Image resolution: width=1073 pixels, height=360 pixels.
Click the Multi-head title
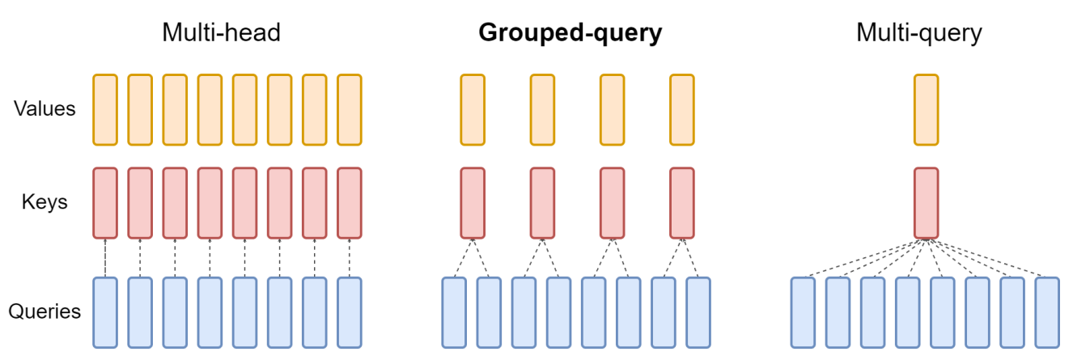click(x=221, y=32)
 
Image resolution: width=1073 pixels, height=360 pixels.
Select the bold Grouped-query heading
click(x=570, y=32)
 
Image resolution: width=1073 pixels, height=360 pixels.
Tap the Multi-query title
click(x=919, y=32)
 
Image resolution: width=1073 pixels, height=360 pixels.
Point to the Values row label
click(x=45, y=108)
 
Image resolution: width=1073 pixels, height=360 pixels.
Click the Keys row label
click(x=45, y=202)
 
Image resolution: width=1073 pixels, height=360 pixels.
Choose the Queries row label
click(x=45, y=311)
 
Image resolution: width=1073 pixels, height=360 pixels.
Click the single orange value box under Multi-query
click(x=927, y=109)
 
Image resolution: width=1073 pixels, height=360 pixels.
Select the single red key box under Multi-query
click(x=927, y=203)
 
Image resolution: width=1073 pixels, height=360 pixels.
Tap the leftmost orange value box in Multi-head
click(x=105, y=109)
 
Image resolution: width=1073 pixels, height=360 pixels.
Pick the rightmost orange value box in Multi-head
click(x=349, y=109)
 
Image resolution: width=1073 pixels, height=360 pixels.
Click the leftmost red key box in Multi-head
click(x=105, y=203)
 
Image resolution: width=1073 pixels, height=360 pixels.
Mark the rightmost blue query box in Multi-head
click(x=349, y=312)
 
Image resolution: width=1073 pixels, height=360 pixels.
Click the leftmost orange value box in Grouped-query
click(x=473, y=109)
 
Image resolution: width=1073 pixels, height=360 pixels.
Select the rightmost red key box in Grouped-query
click(x=682, y=203)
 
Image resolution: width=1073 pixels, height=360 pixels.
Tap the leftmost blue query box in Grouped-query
click(x=454, y=312)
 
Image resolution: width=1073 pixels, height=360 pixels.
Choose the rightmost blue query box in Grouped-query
click(x=698, y=312)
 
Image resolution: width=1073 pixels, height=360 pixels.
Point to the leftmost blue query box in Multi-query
click(x=803, y=312)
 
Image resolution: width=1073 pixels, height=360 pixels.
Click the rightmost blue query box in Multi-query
click(x=1046, y=312)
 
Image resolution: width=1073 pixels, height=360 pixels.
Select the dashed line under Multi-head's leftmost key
click(x=105, y=258)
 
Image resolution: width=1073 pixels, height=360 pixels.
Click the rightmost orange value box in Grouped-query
click(x=682, y=109)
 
